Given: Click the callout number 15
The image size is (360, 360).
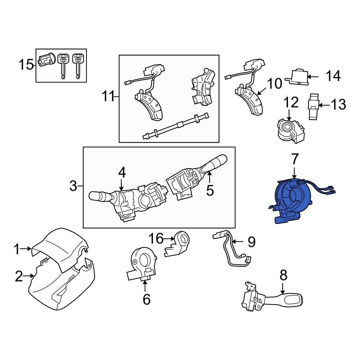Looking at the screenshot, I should point(26,65).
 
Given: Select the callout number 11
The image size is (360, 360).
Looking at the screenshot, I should point(107,96).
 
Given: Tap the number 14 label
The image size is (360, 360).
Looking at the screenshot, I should point(333,76).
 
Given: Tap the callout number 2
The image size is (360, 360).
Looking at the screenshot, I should point(19,276).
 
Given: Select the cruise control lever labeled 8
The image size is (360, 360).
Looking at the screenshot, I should point(274,298).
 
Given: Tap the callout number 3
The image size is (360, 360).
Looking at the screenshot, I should point(73,186).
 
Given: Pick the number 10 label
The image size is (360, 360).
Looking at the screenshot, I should point(275,84).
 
